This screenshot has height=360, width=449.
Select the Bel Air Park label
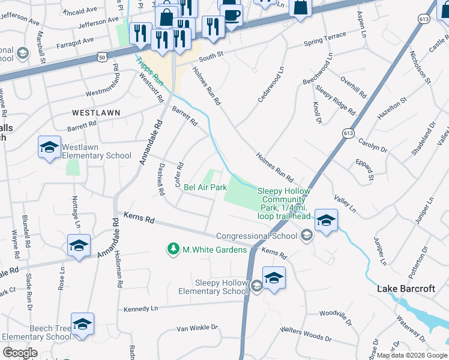(205, 188)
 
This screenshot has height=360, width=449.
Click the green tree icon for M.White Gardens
(173, 248)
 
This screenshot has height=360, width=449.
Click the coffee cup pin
(231, 14)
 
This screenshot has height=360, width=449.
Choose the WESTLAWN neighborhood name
(96, 113)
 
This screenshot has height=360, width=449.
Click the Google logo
(20, 353)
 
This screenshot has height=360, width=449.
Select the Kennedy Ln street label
(140, 308)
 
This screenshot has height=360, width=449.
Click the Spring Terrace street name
(325, 40)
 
